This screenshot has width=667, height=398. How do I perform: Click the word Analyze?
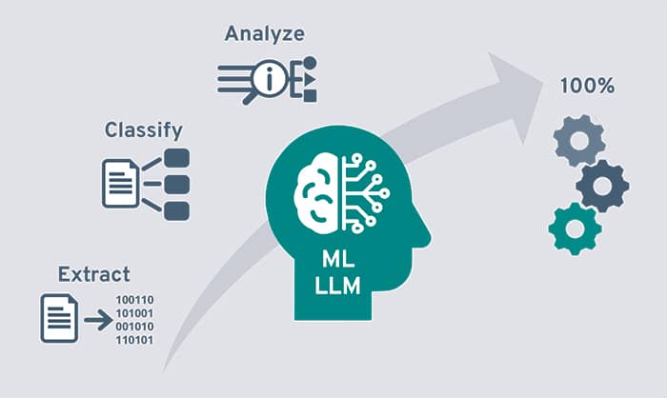click(x=264, y=34)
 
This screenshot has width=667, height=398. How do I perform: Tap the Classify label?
click(x=144, y=128)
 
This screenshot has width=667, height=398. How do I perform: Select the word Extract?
click(x=93, y=275)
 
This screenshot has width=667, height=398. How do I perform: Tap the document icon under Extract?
click(x=59, y=318)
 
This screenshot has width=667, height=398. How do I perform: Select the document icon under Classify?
click(x=120, y=183)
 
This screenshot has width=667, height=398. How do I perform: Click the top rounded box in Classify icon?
click(x=177, y=157)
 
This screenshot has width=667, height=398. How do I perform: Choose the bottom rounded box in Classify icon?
click(x=177, y=209)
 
